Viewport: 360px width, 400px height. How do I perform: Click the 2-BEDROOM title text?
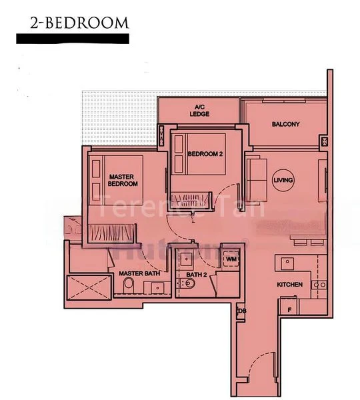click(x=79, y=22)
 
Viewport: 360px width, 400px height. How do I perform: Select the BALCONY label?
click(x=285, y=125)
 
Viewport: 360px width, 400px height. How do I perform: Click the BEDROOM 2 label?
click(x=205, y=154)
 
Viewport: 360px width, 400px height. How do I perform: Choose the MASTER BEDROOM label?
click(x=123, y=180)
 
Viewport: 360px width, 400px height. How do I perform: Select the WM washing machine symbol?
click(x=231, y=259)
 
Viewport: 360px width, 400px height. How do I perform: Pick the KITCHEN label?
click(x=290, y=285)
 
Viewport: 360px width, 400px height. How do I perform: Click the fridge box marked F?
click(x=289, y=309)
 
